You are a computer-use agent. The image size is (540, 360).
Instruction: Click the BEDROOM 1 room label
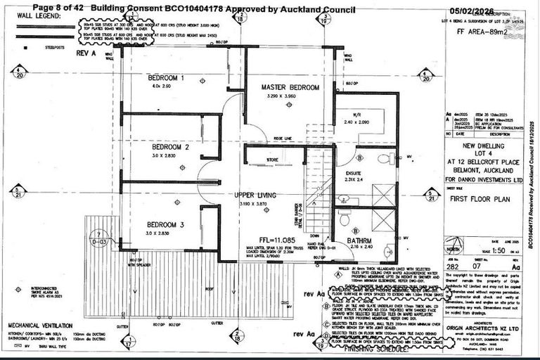pos(166,77)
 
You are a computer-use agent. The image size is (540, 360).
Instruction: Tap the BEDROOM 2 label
pos(172,148)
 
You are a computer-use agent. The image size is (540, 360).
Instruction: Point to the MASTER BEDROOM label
pos(290,87)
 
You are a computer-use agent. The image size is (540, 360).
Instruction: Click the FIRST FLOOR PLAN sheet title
pos(475,199)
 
